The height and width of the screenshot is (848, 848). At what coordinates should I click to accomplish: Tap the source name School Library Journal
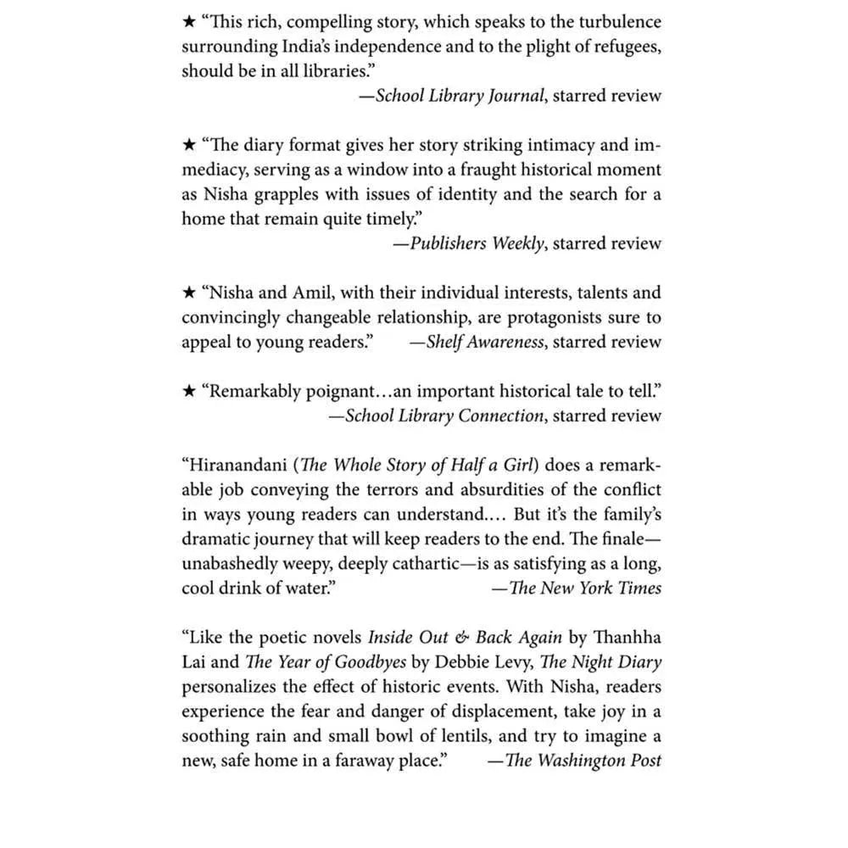point(459,96)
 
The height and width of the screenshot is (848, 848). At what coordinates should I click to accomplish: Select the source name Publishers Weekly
point(477,243)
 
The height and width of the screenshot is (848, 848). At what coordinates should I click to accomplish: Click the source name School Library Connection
point(444,416)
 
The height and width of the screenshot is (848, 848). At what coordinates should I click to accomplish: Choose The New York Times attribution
point(584,588)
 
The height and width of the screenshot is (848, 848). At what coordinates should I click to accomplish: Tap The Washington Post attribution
point(583,760)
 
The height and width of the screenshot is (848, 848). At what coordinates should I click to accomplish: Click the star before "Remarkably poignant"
point(189,391)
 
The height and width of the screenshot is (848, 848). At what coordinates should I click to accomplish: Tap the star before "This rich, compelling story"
point(189,22)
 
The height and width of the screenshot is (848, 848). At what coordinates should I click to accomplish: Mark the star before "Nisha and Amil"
point(189,293)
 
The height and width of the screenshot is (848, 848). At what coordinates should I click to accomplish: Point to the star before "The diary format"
point(189,145)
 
